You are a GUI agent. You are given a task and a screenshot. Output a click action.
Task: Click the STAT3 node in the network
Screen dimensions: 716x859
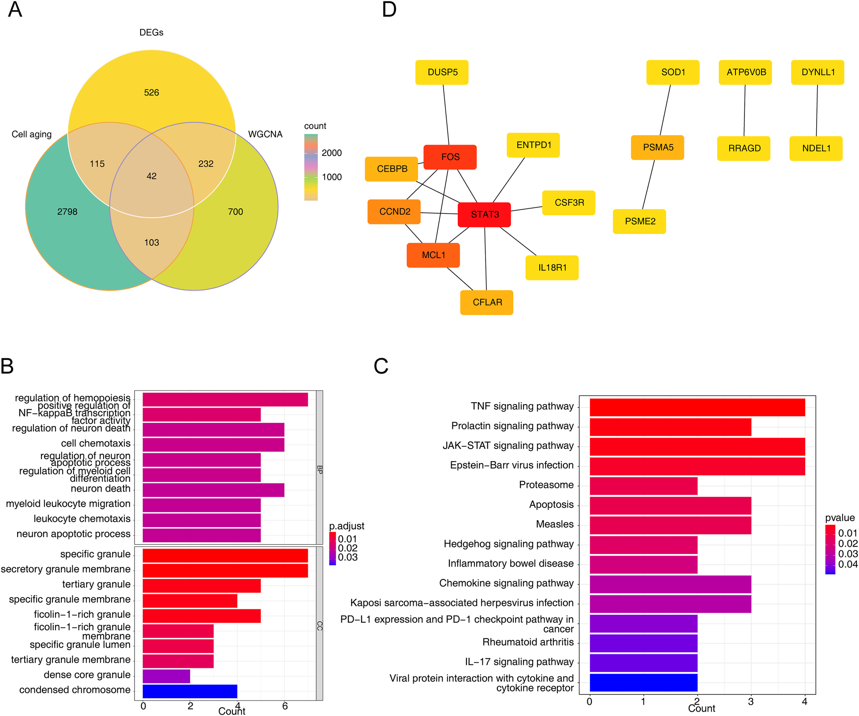484,215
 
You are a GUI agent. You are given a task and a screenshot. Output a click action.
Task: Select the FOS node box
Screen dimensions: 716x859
450,157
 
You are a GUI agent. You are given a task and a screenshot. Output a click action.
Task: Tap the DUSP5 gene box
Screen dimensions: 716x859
442,72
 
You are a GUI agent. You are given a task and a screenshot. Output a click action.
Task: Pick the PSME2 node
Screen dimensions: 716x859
639,221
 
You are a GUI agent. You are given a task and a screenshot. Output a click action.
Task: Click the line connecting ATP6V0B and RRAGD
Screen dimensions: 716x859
744,110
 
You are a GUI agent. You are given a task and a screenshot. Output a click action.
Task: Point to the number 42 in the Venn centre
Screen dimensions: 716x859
151,176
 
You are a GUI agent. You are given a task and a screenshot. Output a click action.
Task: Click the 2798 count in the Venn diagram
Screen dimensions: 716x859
67,212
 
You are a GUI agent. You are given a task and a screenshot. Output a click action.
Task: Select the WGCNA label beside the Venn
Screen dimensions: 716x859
265,134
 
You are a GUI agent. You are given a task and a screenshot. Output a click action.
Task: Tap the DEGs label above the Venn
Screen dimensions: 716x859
151,33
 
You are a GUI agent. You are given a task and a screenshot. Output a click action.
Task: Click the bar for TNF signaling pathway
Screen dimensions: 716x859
697,407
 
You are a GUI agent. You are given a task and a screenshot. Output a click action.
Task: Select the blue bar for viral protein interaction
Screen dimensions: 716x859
643,683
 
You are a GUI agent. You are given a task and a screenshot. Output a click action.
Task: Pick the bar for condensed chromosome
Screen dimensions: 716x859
190,691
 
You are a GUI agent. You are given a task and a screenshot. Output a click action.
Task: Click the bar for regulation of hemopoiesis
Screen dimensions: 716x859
225,400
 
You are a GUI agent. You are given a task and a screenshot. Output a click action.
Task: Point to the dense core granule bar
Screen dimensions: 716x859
166,676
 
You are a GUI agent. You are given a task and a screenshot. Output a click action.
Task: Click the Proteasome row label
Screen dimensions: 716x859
546,485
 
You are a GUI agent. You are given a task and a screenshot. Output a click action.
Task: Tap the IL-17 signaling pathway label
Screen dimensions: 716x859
519,662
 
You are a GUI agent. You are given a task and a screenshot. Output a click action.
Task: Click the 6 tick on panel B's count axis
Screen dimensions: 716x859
285,706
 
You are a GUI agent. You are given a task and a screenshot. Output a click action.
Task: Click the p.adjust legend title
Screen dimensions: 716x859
347,526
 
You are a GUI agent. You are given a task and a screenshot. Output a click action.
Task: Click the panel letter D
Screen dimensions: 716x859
389,10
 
